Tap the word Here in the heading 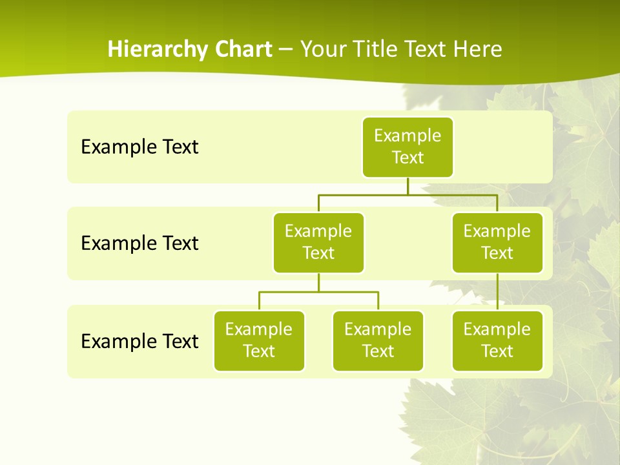coord(478,49)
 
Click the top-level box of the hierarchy coord(408,147)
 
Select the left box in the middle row coord(318,242)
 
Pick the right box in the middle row coord(497,242)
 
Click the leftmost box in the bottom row coord(259,340)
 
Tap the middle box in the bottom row coord(378,340)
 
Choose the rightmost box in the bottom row coord(497,340)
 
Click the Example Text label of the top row coord(139,147)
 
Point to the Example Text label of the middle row coord(139,243)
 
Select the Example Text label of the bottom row coord(139,341)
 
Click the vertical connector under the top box coord(408,186)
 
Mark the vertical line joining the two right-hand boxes coord(497,292)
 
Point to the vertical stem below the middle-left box coord(318,283)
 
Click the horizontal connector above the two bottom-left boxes coord(318,292)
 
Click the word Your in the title coord(323,49)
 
